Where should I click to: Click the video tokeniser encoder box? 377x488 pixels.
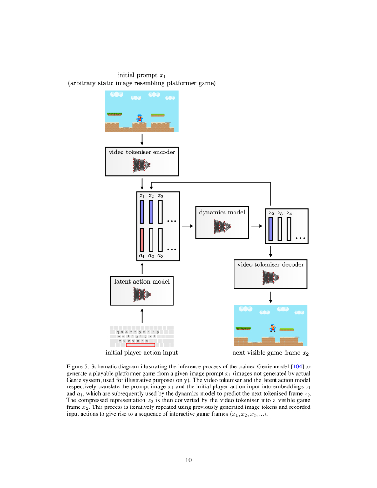[x=142, y=162]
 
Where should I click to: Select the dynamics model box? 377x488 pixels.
[x=222, y=223]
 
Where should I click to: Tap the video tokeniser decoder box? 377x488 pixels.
[x=271, y=274]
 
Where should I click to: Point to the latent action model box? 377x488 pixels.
[x=142, y=291]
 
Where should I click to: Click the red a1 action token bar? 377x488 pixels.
[x=142, y=240]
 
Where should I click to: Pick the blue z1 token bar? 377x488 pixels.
[x=142, y=212]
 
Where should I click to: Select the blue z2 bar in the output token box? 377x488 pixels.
[x=271, y=229]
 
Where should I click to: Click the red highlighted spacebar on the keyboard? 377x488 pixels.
[x=141, y=345]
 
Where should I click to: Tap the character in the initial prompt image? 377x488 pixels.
[x=140, y=118]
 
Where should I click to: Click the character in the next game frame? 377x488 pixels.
[x=273, y=328]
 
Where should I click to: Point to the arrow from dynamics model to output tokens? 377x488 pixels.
[x=256, y=226]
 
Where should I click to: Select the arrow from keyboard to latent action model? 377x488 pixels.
[x=142, y=316]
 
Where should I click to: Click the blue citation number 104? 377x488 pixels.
[x=297, y=366]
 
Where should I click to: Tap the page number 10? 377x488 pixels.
[x=189, y=460]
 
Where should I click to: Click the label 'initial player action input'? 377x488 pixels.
[x=142, y=352]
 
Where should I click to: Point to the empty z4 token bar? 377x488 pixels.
[x=289, y=229]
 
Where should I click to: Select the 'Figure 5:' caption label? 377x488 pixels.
[x=78, y=366]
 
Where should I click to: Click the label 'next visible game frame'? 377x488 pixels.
[x=266, y=352]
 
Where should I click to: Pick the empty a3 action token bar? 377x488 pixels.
[x=160, y=240]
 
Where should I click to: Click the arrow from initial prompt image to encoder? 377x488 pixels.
[x=142, y=140]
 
